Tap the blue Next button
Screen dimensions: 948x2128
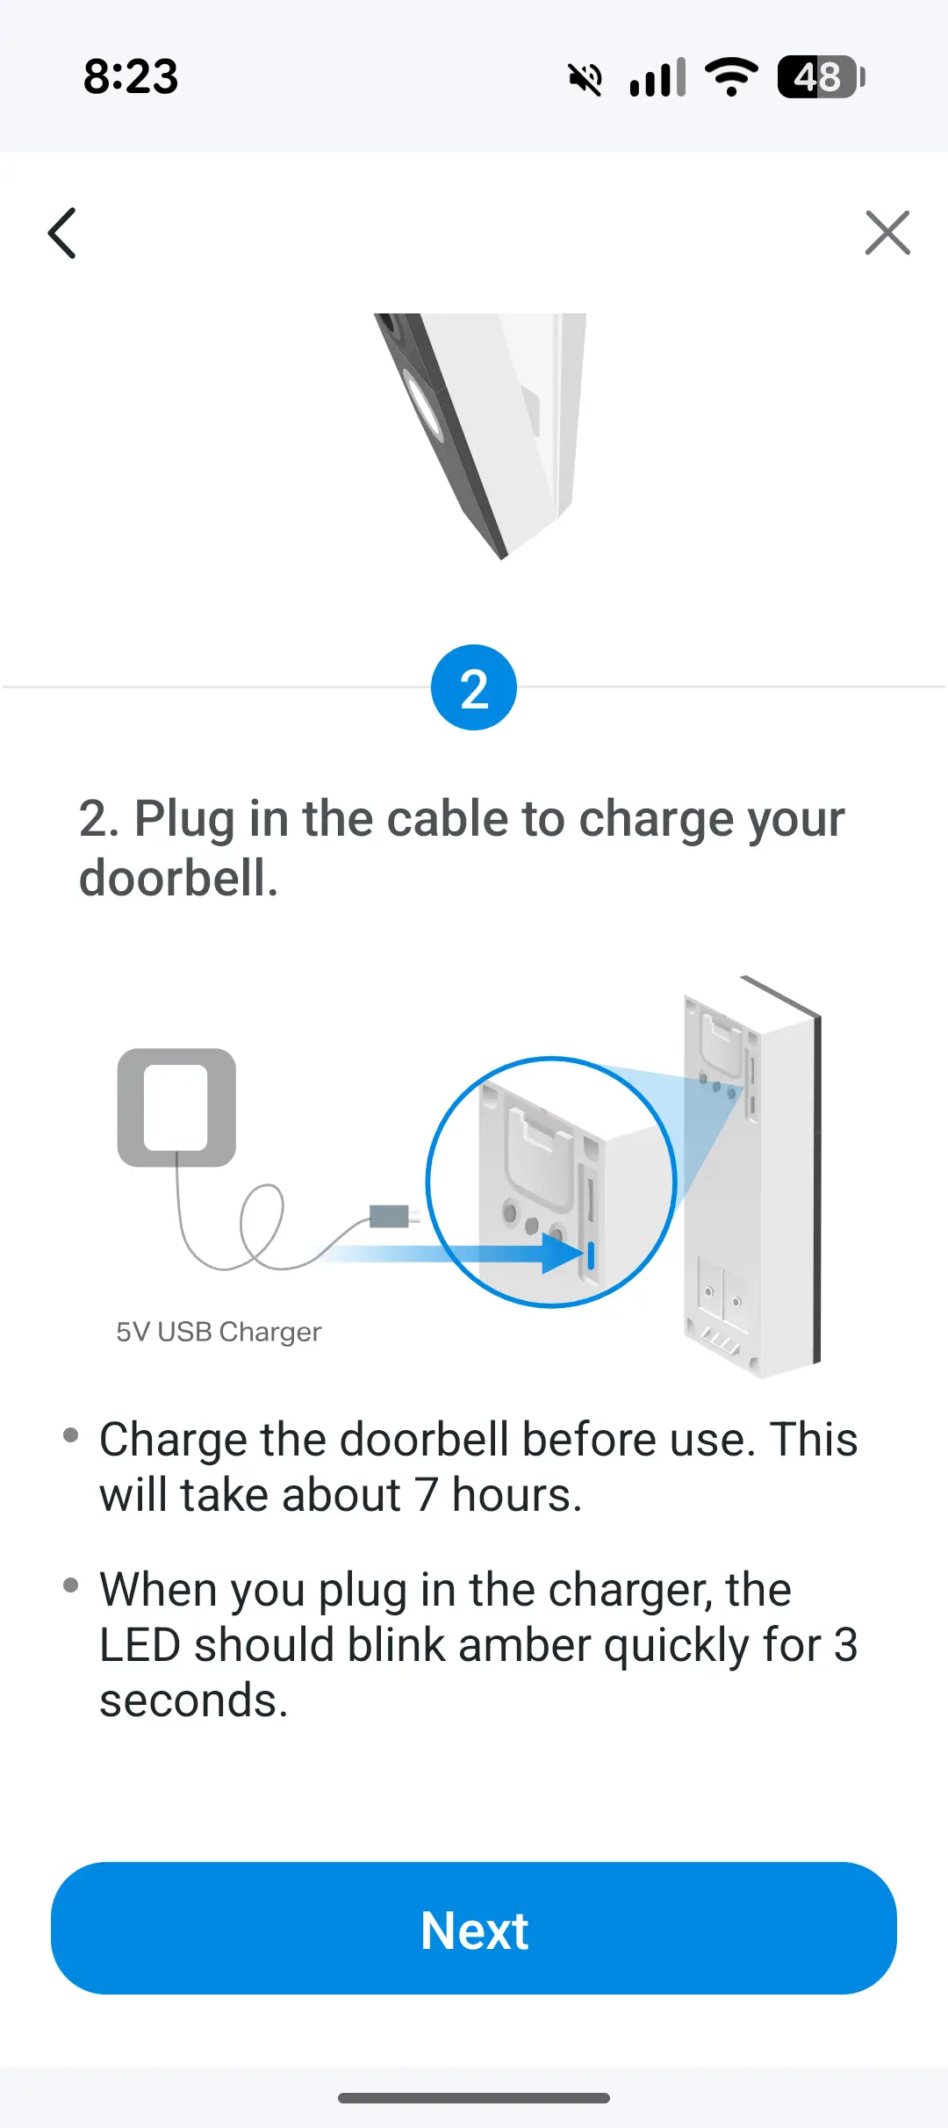[474, 1929]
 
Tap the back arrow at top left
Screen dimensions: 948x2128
[61, 234]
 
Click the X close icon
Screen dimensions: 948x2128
[887, 233]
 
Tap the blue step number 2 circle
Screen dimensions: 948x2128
[474, 687]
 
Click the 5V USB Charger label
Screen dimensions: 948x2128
[219, 1332]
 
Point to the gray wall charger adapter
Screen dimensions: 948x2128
[176, 1107]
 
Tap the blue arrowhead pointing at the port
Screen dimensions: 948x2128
[562, 1254]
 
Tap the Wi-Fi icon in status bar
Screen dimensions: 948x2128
[731, 77]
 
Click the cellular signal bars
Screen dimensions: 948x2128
[657, 77]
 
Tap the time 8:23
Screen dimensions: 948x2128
[131, 77]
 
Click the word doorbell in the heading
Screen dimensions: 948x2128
[178, 878]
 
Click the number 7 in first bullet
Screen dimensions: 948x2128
[427, 1495]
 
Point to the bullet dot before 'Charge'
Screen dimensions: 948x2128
[71, 1435]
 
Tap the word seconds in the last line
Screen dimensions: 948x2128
[194, 1701]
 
